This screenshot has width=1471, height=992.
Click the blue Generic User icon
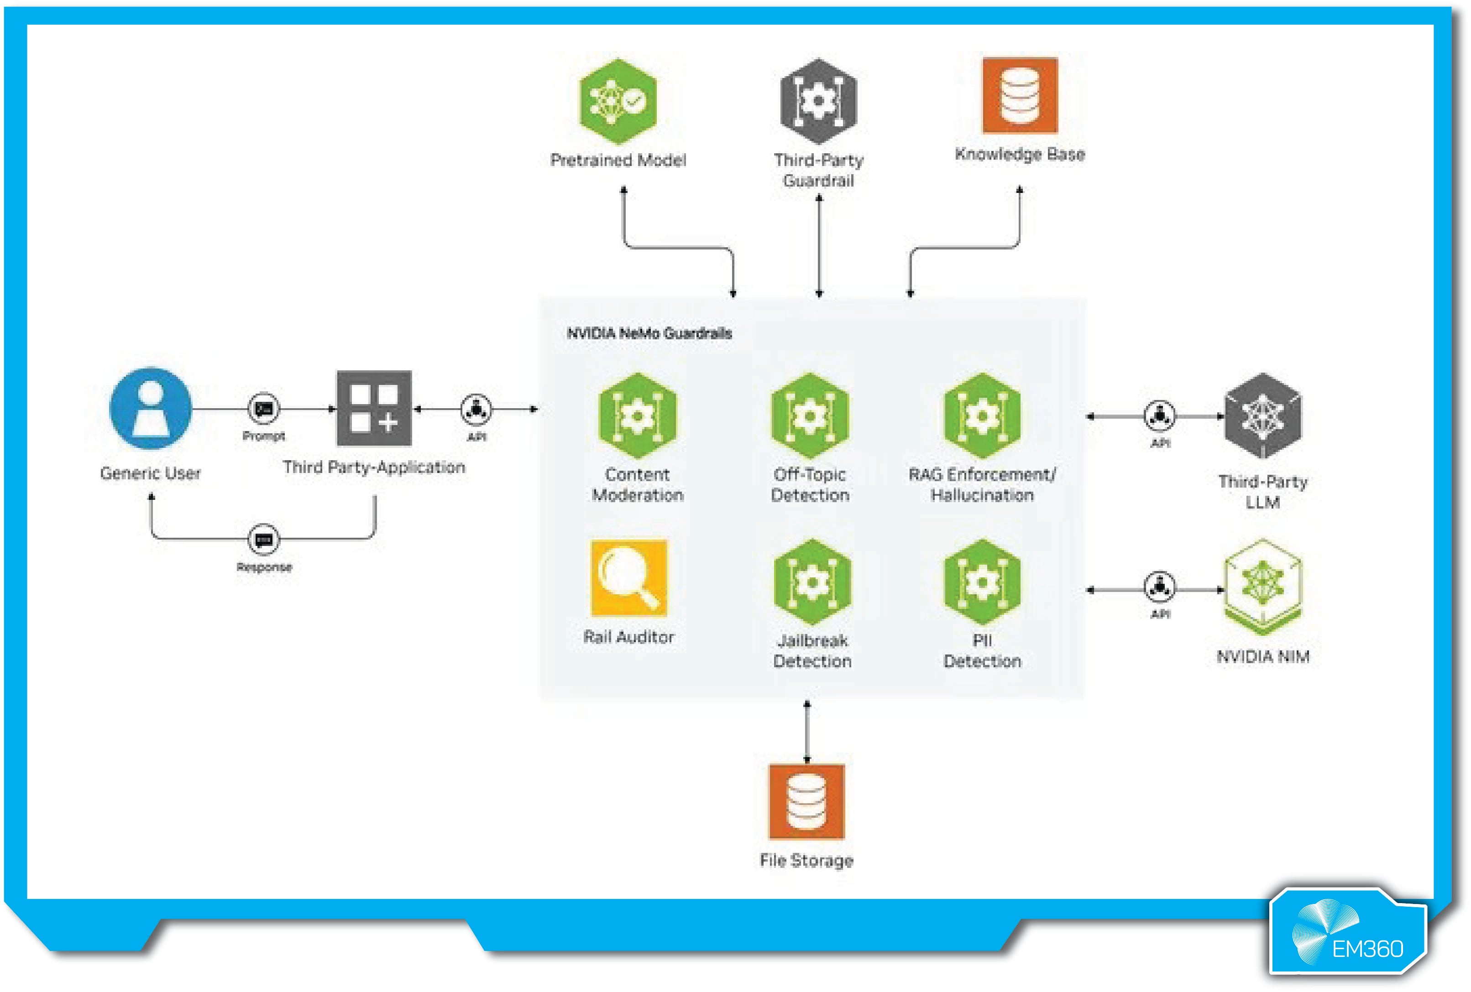coord(150,409)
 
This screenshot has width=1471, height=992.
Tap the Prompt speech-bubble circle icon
coord(263,409)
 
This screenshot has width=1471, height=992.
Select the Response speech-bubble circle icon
coord(263,539)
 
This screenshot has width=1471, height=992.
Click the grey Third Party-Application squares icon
coord(374,408)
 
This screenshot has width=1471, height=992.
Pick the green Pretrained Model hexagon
coord(618,101)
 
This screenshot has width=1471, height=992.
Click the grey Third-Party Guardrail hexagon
coord(818,101)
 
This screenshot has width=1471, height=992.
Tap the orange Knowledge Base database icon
coord(1020,95)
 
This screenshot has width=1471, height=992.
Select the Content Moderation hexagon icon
coord(638,415)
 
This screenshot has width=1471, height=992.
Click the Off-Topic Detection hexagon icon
coord(810,415)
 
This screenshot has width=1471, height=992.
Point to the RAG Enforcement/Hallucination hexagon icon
coord(982,415)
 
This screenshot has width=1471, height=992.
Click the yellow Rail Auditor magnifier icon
coord(628,577)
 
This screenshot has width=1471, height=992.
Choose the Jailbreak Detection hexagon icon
coord(812,582)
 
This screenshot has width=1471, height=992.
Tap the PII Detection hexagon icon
coord(982,582)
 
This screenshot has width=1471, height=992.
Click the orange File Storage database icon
coord(806,801)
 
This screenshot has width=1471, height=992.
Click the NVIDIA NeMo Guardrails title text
coord(649,333)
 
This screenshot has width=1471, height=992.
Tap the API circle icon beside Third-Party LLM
coord(1160,415)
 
